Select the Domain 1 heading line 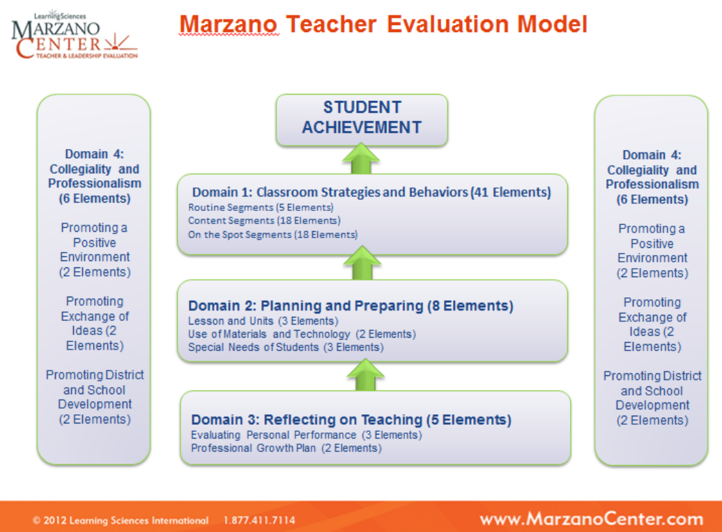(x=371, y=192)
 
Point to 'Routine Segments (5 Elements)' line (x=261, y=208)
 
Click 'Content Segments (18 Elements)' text (x=264, y=221)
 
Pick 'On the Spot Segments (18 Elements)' (x=272, y=235)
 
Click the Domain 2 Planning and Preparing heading (x=351, y=306)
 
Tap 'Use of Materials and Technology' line (x=302, y=334)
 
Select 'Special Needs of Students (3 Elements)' (x=286, y=347)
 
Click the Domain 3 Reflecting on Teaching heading (x=351, y=420)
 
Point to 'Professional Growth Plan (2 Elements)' (x=286, y=448)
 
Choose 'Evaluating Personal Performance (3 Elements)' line (x=306, y=435)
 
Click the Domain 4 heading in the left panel (x=94, y=176)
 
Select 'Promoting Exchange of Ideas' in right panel (x=652, y=324)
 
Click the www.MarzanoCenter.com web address (x=591, y=519)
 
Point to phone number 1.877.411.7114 (x=259, y=520)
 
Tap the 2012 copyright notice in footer (x=120, y=520)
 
